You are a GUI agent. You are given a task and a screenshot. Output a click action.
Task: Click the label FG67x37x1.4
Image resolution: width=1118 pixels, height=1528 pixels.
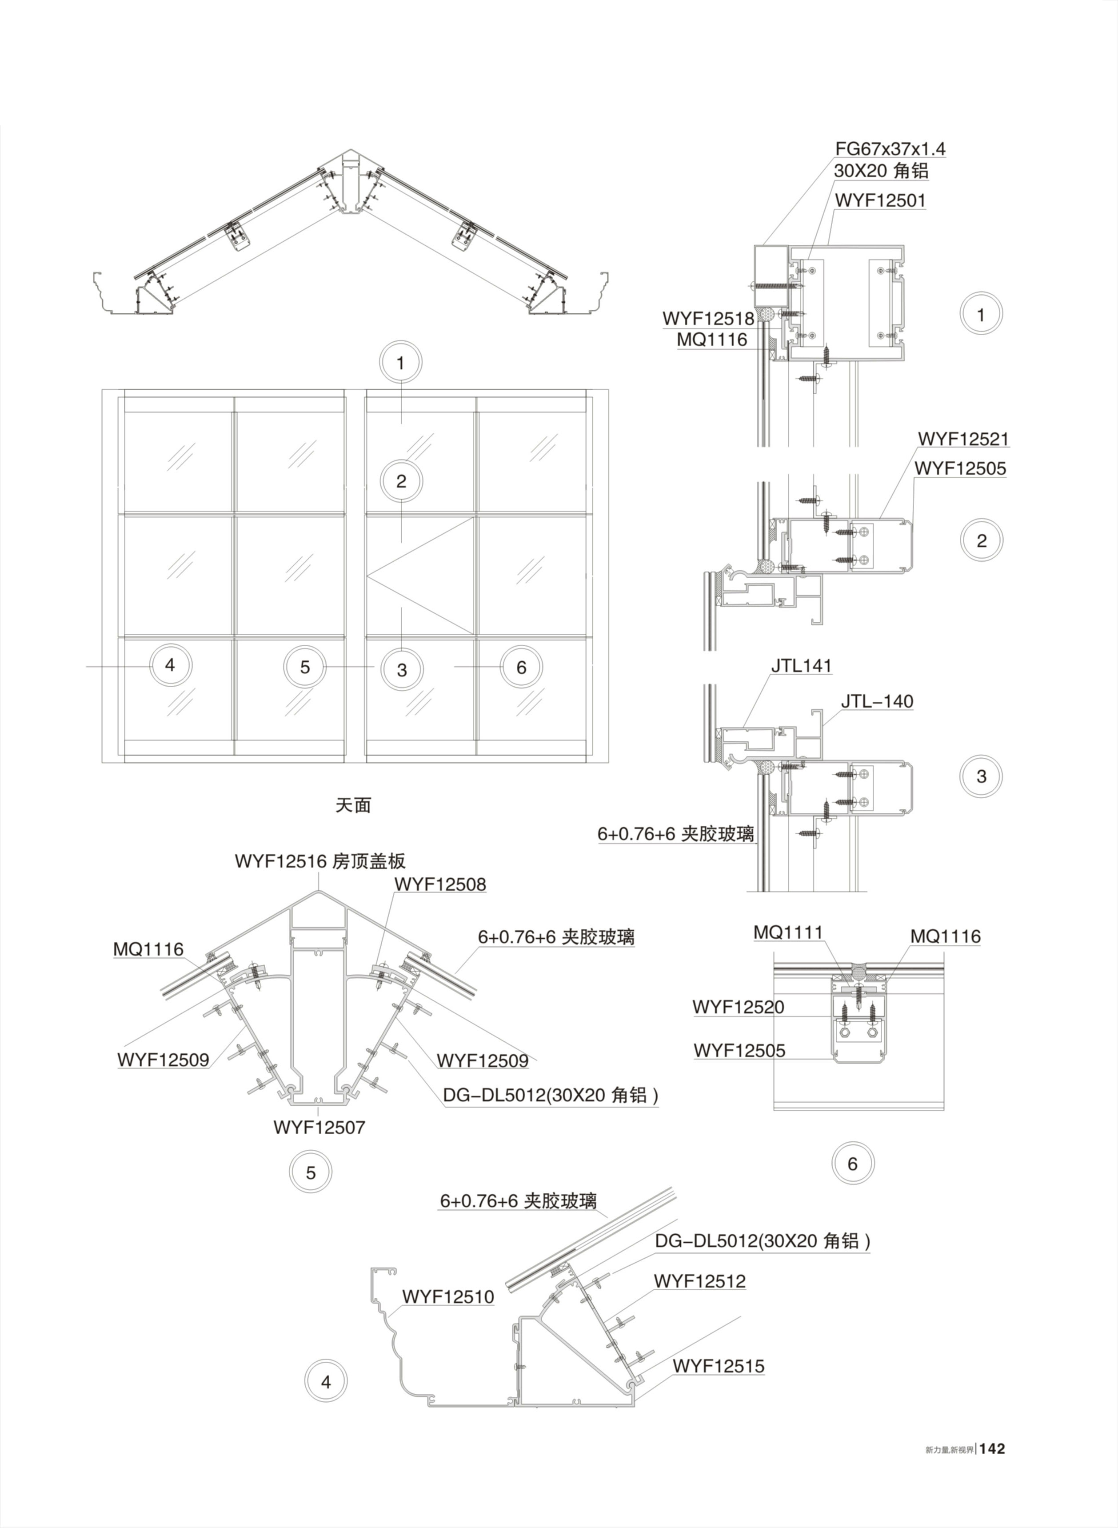[889, 148]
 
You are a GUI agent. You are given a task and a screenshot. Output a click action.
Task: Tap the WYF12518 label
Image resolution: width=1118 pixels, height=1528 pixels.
[708, 318]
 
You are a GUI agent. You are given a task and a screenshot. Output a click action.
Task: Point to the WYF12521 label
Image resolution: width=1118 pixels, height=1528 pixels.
[963, 439]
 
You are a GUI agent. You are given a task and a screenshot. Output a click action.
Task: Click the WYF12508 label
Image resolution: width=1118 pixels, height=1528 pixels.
[440, 884]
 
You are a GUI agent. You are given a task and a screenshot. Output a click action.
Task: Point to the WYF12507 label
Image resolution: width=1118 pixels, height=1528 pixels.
[319, 1128]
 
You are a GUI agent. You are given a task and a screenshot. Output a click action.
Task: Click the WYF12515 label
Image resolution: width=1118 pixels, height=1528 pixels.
[718, 1366]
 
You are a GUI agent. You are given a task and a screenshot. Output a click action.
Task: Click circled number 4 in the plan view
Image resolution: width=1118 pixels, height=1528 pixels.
[170, 665]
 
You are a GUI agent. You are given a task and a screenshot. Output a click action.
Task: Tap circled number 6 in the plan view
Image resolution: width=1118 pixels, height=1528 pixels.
[521, 667]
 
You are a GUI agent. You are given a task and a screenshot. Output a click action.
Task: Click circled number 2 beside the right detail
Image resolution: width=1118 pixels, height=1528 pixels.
[981, 541]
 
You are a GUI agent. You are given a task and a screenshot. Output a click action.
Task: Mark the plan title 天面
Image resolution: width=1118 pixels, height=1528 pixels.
[353, 805]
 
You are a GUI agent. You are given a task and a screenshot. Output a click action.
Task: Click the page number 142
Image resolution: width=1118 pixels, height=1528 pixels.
[992, 1449]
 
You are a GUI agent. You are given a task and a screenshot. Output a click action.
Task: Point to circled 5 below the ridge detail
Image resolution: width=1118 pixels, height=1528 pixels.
[311, 1173]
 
